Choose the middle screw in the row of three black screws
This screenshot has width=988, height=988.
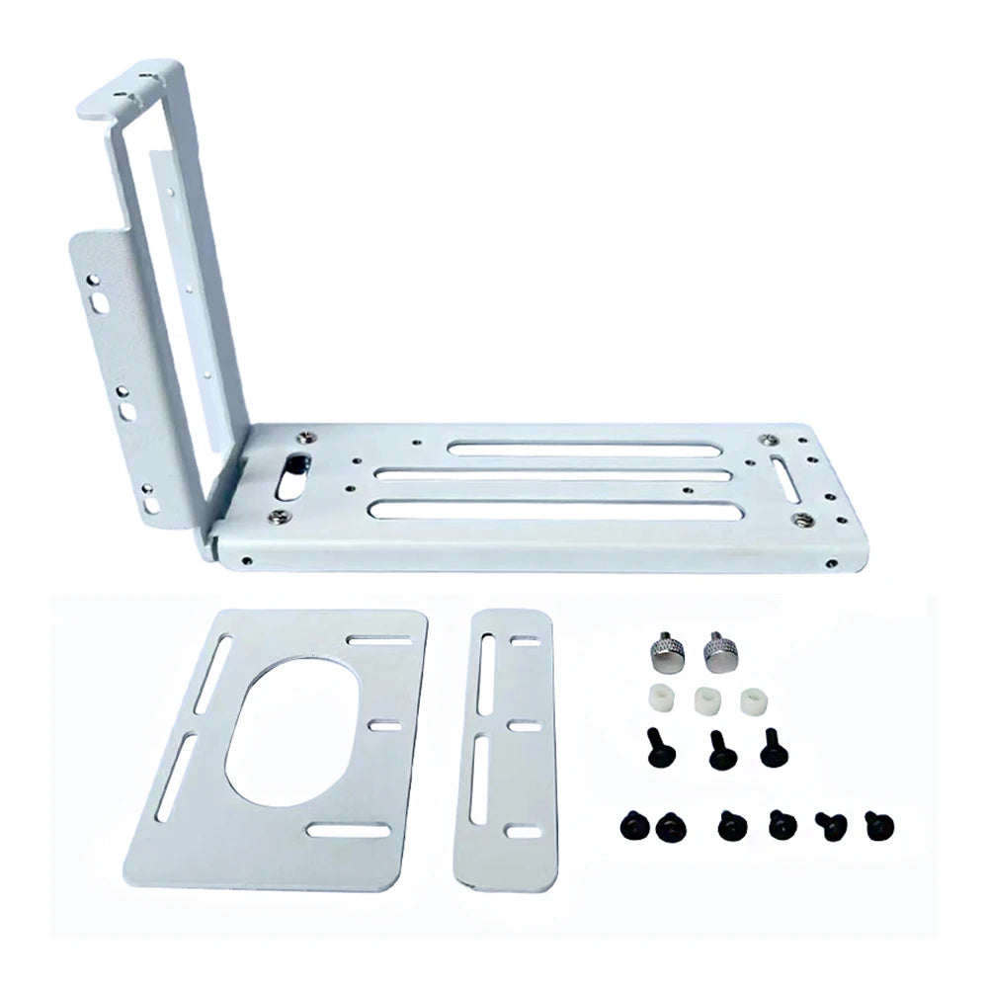click(721, 751)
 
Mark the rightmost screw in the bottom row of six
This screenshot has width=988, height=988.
click(875, 824)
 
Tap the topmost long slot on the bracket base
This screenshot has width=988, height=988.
click(583, 450)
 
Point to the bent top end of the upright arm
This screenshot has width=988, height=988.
click(133, 83)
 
